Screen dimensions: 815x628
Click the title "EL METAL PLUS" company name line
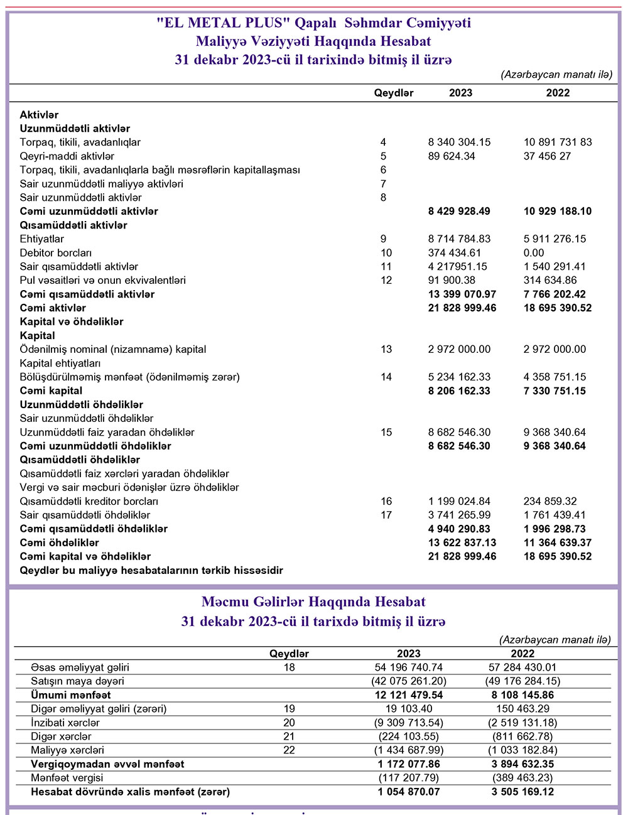[x=313, y=23]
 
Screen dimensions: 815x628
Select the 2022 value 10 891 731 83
[x=558, y=143]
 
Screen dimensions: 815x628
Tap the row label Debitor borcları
[x=56, y=253]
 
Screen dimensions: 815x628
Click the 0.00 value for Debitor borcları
[x=534, y=253]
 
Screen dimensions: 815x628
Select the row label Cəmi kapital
[x=51, y=391]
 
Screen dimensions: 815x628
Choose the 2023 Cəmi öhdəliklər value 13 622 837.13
[x=462, y=543]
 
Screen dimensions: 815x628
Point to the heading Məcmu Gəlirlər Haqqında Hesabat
[x=313, y=602]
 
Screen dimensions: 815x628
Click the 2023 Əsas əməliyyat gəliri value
[x=408, y=667]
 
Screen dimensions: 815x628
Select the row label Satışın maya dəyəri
[x=77, y=681]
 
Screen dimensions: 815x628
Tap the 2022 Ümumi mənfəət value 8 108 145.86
[x=522, y=695]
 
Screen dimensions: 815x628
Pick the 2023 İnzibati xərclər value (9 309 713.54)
[x=408, y=723]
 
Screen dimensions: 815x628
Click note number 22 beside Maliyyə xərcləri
[x=289, y=750]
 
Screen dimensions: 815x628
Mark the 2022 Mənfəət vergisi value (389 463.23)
[x=522, y=778]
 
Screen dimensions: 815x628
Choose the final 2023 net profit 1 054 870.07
[x=409, y=792]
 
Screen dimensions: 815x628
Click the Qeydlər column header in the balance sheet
[x=394, y=93]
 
